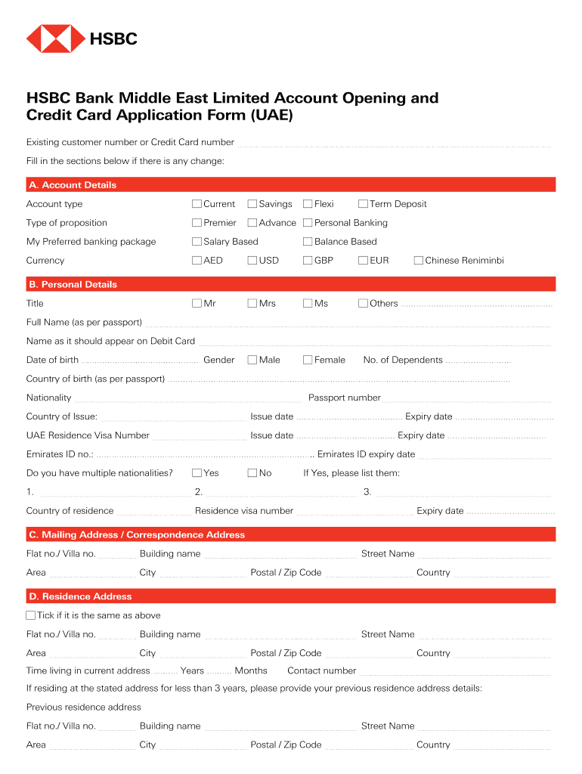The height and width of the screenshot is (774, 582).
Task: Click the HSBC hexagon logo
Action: [x=56, y=39]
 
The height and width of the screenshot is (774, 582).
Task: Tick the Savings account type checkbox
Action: [x=252, y=204]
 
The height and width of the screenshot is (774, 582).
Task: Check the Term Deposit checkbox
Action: [x=363, y=204]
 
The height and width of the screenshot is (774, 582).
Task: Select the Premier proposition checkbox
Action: [x=197, y=223]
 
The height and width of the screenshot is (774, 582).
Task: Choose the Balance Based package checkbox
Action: [x=308, y=242]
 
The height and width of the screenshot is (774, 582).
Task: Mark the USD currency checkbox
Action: [x=252, y=261]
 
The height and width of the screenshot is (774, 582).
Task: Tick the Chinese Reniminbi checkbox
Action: [x=419, y=261]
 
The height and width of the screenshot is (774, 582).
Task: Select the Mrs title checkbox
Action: [x=252, y=304]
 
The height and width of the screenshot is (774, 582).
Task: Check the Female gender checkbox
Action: [x=308, y=361]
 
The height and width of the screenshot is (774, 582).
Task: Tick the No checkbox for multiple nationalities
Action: [x=252, y=473]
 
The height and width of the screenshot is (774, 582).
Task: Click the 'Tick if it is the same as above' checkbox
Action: [x=31, y=616]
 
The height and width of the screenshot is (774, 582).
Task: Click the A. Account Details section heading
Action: [x=73, y=185]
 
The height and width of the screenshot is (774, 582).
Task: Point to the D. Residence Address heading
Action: [x=80, y=596]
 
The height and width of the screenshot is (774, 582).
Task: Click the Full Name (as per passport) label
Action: [x=84, y=323]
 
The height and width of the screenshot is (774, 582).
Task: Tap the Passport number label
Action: [x=345, y=398]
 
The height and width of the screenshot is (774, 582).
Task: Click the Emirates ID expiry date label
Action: [x=367, y=455]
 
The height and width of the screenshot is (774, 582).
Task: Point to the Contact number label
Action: [x=322, y=671]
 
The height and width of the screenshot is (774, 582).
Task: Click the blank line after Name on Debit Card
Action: [x=374, y=342]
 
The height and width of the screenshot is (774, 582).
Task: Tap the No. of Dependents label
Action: [x=403, y=361]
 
